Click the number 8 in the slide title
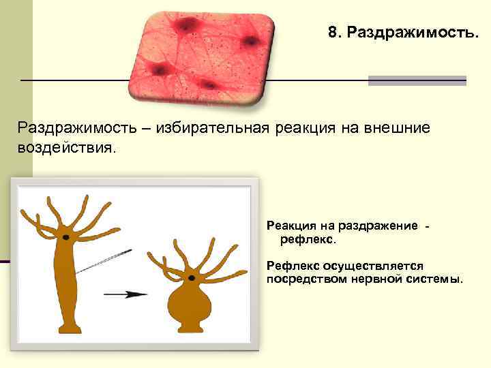[332, 33]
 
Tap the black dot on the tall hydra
[65, 236]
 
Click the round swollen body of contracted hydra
[186, 300]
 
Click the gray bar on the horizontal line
[417, 80]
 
